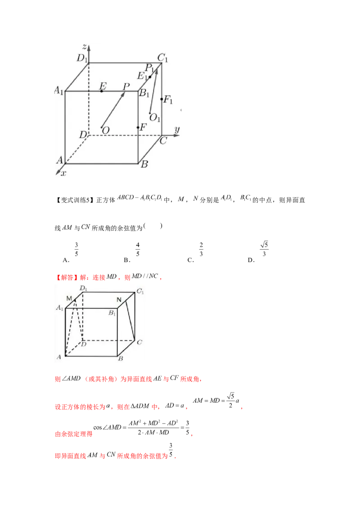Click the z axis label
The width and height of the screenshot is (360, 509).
click(84, 46)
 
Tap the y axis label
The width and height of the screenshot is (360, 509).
click(177, 129)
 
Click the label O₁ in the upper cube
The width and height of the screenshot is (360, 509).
click(155, 118)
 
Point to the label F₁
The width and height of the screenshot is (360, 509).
click(168, 100)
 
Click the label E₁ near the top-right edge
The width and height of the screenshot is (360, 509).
click(142, 75)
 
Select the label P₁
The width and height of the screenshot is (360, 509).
click(150, 68)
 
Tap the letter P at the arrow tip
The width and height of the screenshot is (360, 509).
click(126, 86)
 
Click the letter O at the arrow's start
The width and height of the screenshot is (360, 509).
click(106, 130)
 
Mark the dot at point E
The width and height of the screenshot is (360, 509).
click(102, 91)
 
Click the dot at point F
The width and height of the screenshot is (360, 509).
click(138, 128)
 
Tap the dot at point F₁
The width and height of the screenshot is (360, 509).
click(162, 99)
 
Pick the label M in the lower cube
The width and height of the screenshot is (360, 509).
click(69, 298)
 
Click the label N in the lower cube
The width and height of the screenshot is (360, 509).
click(119, 299)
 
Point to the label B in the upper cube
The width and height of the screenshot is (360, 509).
click(144, 165)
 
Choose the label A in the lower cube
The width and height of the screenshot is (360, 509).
click(58, 357)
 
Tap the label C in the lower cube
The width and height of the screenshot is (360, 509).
click(139, 343)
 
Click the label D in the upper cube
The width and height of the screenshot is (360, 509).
click(83, 134)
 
